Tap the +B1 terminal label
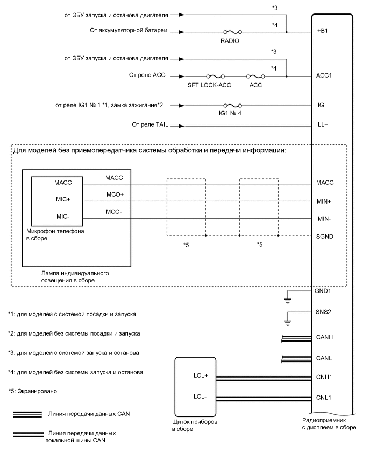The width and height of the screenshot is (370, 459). point(323,32)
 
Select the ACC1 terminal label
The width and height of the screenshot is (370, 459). point(325,75)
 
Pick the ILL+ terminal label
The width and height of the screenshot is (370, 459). point(323,124)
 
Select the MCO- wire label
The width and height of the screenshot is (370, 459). point(114,212)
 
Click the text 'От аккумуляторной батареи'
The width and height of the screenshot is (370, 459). point(129,31)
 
